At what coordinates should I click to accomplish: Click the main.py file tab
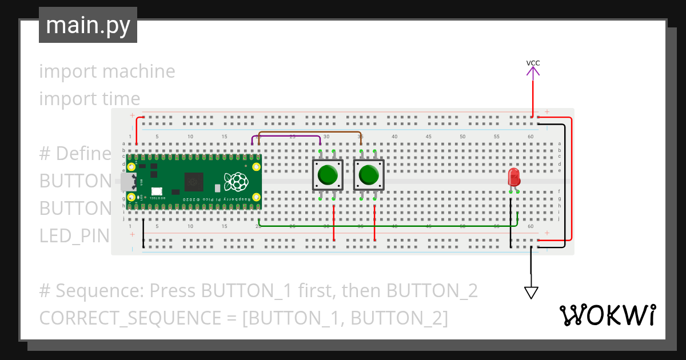coord(87,25)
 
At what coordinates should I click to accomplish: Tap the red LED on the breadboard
coord(513,176)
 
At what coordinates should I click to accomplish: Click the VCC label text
coord(533,63)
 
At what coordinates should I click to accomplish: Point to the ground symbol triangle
coord(531,293)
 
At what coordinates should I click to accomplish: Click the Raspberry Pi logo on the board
coord(237,182)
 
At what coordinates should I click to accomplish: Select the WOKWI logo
coord(607,315)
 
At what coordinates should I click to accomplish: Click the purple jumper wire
coord(286,136)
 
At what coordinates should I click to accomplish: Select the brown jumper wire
coord(309,132)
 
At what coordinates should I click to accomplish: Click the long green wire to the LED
coord(389,226)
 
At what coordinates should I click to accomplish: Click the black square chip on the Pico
coord(194,182)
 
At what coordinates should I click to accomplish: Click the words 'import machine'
coord(107,71)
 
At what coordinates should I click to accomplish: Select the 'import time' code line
coord(90,99)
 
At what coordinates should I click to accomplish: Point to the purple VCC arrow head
coord(533,71)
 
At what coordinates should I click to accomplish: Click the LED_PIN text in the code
coord(74,235)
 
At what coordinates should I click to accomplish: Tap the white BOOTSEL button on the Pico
coord(156,191)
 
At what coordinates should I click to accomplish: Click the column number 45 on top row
coord(429,137)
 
